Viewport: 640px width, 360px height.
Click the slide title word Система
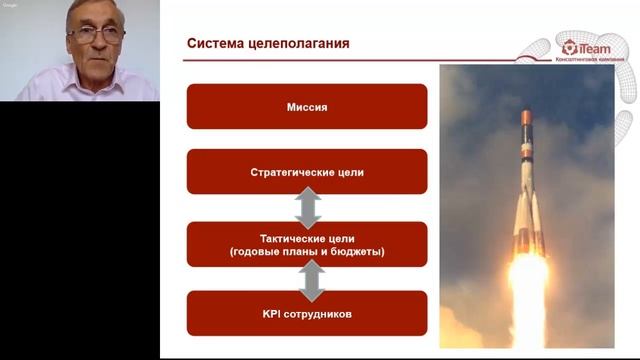(216, 44)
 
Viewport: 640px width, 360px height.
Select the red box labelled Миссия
(307, 106)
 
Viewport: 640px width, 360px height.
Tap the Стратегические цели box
(307, 172)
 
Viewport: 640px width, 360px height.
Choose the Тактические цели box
(307, 244)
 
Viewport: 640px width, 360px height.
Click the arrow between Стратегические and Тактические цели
(307, 208)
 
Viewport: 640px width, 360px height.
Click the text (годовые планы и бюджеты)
(307, 252)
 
